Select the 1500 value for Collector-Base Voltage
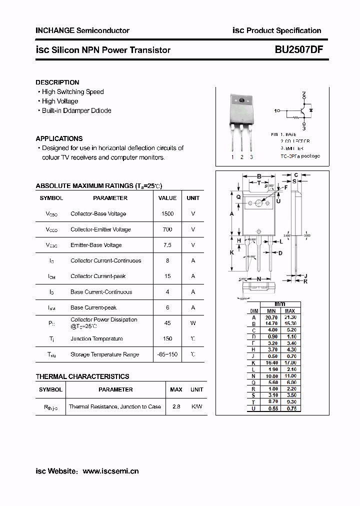tap(167, 214)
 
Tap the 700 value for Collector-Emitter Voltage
tap(167, 229)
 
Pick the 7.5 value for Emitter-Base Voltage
tap(167, 245)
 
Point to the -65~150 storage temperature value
tap(167, 354)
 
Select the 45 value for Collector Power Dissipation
tap(167, 323)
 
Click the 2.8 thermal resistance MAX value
tap(176, 406)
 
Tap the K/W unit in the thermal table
tap(197, 406)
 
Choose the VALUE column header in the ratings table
tap(167, 198)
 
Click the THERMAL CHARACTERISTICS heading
tap(82, 376)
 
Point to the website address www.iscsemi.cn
tap(110, 471)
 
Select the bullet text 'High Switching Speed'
tap(73, 91)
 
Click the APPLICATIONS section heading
tap(59, 138)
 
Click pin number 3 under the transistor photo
tap(251, 157)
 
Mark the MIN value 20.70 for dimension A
tap(271, 317)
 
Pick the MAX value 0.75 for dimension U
tap(290, 408)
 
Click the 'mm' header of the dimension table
tap(280, 304)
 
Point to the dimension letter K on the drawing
tap(232, 252)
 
